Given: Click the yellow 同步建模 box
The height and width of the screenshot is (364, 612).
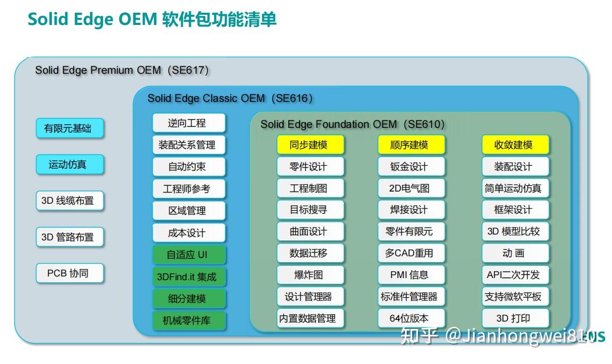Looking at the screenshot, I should click(x=310, y=145).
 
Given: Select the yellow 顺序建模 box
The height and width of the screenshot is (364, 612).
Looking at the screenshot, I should click(x=409, y=145).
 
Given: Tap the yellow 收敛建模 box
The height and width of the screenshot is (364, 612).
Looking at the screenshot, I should click(x=515, y=145).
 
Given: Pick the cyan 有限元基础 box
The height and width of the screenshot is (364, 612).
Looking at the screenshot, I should click(x=69, y=128).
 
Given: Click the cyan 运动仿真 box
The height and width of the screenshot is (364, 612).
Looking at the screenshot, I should click(x=69, y=164).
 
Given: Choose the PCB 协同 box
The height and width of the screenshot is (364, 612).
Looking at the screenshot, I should click(x=69, y=273).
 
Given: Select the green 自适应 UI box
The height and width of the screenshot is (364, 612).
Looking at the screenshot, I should click(x=189, y=255).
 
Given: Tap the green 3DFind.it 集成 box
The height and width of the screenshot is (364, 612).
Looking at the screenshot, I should click(x=189, y=276).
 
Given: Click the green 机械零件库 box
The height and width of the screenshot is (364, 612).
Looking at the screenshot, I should click(x=189, y=320).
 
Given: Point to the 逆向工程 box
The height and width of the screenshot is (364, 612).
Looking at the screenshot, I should click(x=189, y=123).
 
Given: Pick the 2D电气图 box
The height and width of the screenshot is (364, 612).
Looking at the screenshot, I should click(x=409, y=188).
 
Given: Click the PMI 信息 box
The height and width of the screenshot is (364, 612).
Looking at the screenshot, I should click(x=409, y=275).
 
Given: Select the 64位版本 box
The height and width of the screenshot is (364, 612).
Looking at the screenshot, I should click(x=409, y=318).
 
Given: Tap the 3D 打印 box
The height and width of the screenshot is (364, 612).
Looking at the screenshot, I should click(x=515, y=318).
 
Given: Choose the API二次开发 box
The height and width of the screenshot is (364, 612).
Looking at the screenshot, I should click(x=515, y=275).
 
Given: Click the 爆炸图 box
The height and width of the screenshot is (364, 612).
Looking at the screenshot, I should click(x=310, y=275).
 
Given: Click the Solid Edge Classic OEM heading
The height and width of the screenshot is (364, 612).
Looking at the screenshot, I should click(x=230, y=98).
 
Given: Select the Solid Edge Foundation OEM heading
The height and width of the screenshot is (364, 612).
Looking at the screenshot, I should click(x=352, y=124).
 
